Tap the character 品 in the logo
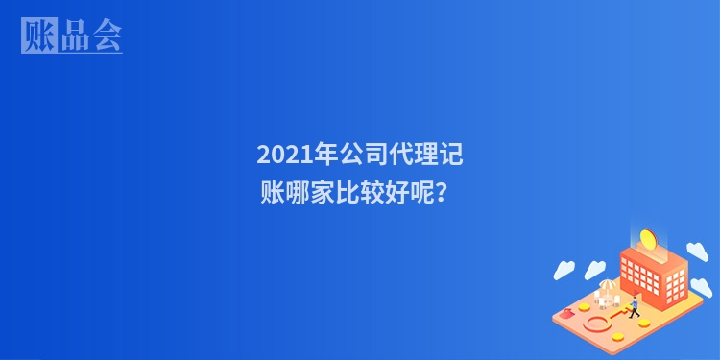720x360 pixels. [x=72, y=36]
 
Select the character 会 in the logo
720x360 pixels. [x=106, y=36]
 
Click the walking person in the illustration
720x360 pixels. [x=634, y=306]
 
